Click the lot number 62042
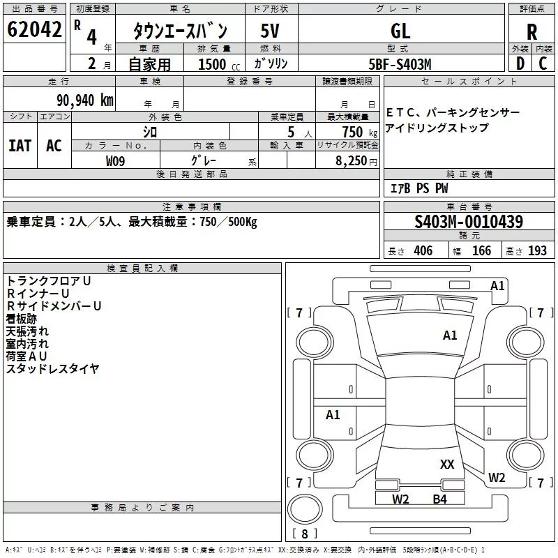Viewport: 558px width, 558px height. pyautogui.click(x=34, y=29)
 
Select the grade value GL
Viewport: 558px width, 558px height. pyautogui.click(x=400, y=31)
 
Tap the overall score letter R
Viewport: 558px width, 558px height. pyautogui.click(x=531, y=32)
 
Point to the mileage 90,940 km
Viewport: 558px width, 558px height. pyautogui.click(x=85, y=100)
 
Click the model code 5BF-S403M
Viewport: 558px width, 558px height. pyautogui.click(x=400, y=64)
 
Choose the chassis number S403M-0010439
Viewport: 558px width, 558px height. pyautogui.click(x=469, y=222)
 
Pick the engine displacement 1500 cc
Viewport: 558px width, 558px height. pyautogui.click(x=219, y=64)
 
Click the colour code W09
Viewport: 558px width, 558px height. pyautogui.click(x=115, y=161)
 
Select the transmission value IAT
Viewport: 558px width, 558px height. pyautogui.click(x=20, y=146)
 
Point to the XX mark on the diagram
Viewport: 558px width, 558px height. pyautogui.click(x=447, y=464)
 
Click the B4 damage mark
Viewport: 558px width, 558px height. pyautogui.click(x=439, y=499)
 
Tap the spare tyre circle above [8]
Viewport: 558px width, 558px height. pyautogui.click(x=305, y=509)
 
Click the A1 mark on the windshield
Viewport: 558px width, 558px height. pyautogui.click(x=450, y=335)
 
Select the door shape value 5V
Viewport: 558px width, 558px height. pyautogui.click(x=270, y=31)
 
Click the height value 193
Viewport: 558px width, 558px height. pyautogui.click(x=537, y=251)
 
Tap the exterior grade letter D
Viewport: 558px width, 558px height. pyautogui.click(x=520, y=63)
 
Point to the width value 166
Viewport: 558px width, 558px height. pyautogui.click(x=481, y=251)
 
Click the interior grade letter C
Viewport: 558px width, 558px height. pyautogui.click(x=543, y=63)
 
